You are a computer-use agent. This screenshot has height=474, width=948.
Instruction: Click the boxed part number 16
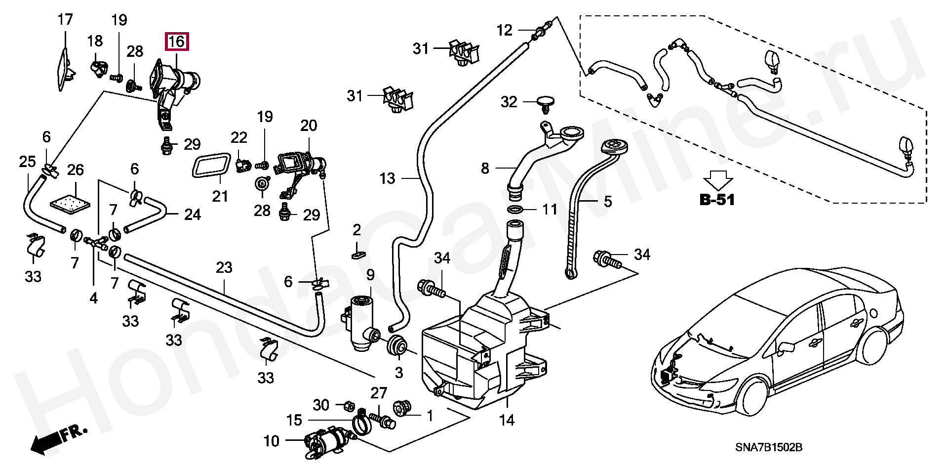tap(176, 42)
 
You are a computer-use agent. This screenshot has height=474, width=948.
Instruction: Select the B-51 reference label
tap(717, 200)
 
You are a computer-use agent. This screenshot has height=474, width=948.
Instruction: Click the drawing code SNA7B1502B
tap(769, 448)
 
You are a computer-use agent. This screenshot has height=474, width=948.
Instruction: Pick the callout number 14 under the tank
tap(507, 421)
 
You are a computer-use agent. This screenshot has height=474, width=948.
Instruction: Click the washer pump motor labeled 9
tap(361, 323)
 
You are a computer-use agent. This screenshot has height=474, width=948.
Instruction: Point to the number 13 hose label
tap(387, 178)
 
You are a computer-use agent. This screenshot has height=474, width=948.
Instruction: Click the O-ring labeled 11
tap(515, 209)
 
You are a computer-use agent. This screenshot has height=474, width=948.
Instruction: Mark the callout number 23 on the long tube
tap(224, 267)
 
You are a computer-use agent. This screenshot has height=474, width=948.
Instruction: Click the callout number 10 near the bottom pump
tap(271, 441)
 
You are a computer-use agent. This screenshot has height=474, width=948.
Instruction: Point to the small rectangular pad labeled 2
tap(357, 255)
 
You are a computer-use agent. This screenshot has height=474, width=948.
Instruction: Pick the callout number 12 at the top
tap(504, 30)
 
